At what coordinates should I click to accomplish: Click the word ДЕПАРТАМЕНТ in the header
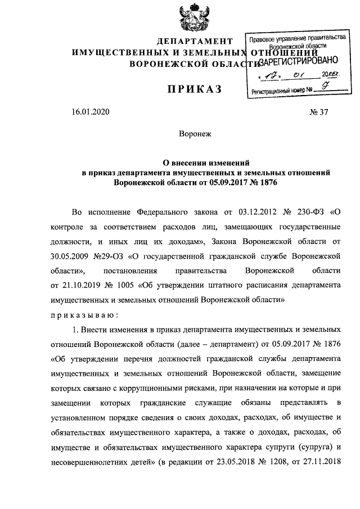(195, 42)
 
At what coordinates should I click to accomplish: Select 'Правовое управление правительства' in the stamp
(296, 38)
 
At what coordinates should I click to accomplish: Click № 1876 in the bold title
(263, 183)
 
